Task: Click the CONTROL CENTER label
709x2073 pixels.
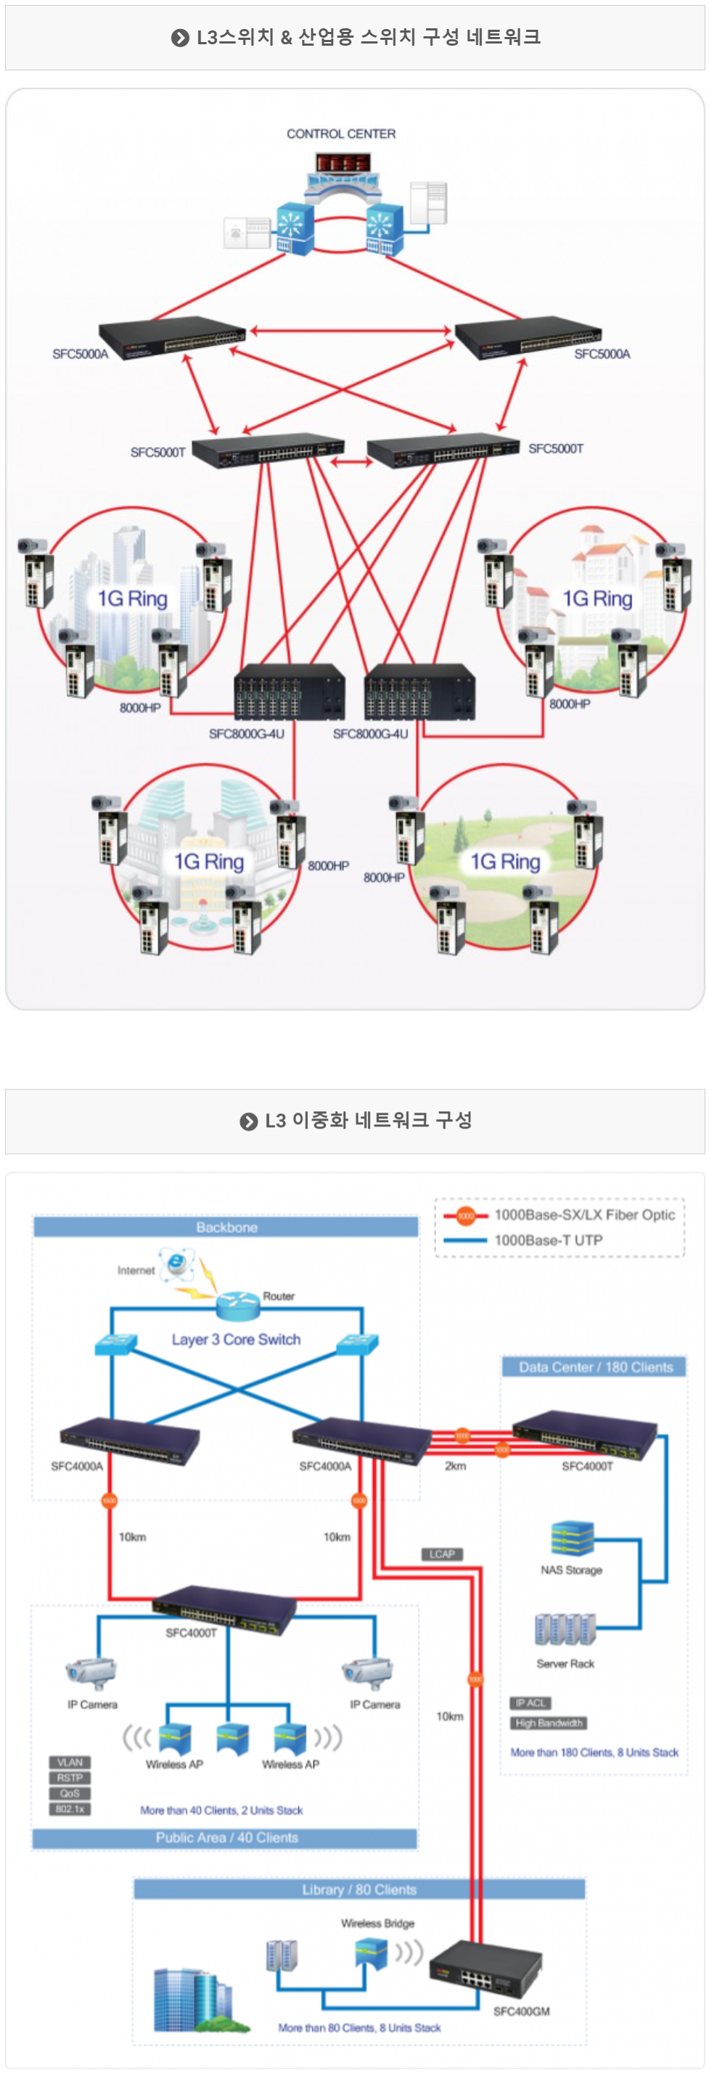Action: point(341,133)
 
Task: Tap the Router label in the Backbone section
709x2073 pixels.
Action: point(279,1295)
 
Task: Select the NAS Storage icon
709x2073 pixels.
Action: point(572,1537)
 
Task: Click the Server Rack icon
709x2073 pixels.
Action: point(565,1629)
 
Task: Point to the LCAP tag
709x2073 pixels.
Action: point(442,1554)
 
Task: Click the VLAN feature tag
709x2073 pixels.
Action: point(70,1763)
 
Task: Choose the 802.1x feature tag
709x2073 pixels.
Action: point(70,1808)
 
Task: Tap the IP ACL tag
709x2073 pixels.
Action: point(530,1703)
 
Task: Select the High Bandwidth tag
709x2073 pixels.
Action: point(549,1723)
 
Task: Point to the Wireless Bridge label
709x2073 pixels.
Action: point(377,1924)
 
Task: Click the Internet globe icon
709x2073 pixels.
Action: point(177,1264)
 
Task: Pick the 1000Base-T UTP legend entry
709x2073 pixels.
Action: point(548,1240)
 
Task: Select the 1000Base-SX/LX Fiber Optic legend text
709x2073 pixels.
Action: point(584,1215)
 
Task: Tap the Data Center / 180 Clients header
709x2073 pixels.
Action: point(595,1367)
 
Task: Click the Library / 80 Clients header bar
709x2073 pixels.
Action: point(359,1889)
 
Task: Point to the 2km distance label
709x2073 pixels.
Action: point(456,1465)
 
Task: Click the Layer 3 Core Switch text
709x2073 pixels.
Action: point(236,1339)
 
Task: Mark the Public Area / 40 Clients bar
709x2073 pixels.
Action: point(226,1837)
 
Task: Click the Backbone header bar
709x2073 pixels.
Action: point(226,1227)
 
